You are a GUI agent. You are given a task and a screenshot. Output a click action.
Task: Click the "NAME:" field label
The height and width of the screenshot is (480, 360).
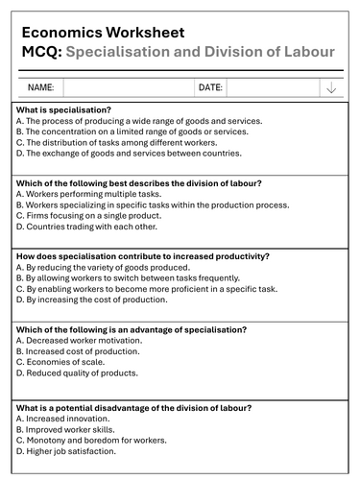tap(41, 87)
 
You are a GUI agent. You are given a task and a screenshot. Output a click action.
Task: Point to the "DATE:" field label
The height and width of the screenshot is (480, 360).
tap(210, 87)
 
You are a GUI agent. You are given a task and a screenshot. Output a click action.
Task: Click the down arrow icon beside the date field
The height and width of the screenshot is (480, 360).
tap(331, 87)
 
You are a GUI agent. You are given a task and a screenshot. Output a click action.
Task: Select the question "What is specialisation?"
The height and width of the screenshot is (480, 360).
tap(63, 110)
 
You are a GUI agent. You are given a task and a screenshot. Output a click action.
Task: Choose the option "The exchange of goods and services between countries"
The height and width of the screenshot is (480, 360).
tap(130, 152)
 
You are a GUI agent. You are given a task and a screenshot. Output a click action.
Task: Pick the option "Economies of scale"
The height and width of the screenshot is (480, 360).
tap(63, 351)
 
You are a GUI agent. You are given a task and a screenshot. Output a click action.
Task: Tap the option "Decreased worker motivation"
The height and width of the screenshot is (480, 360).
tap(81, 340)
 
